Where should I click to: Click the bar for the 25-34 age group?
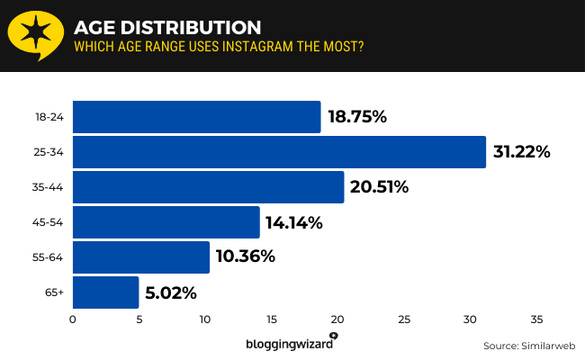[x=279, y=152]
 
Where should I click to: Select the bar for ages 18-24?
[x=196, y=117]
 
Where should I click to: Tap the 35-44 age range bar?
[x=208, y=187]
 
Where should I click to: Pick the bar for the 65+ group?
[x=105, y=292]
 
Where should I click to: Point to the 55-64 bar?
[x=140, y=257]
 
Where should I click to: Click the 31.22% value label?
[x=521, y=152]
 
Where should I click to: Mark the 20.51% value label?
[x=380, y=187]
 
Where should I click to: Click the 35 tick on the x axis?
[x=536, y=319]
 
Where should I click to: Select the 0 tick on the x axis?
[x=72, y=319]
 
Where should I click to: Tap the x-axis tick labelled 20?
[x=337, y=319]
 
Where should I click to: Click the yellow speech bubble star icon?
[x=36, y=34]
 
